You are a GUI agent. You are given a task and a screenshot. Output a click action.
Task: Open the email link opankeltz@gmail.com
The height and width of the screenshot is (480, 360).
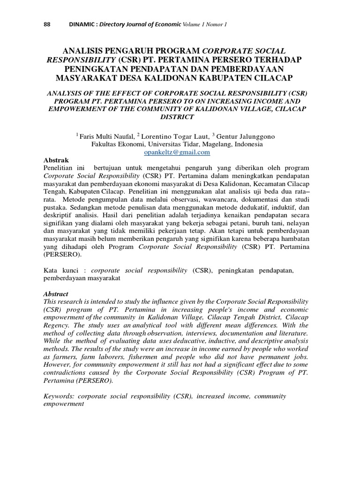[x=177, y=152]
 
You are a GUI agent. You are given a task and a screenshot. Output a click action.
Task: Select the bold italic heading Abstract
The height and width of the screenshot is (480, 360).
[x=56, y=293]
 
